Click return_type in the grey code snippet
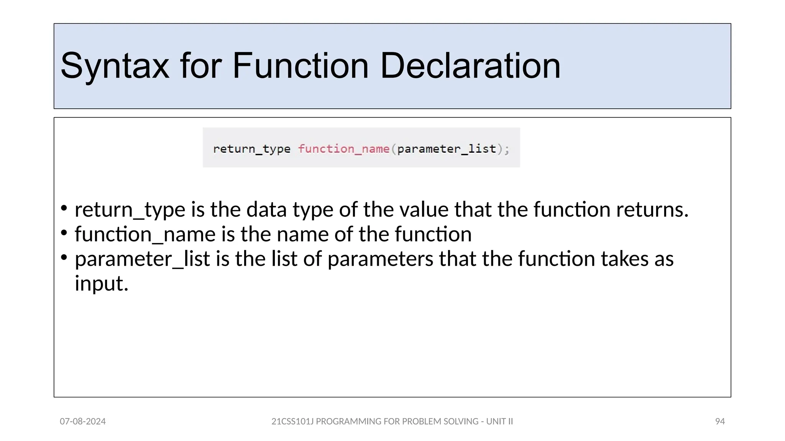[x=252, y=149]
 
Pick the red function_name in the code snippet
[x=344, y=149]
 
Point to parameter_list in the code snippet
[x=447, y=149]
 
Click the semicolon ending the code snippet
[x=507, y=149]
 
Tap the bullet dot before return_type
[x=64, y=208]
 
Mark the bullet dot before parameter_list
[x=64, y=257]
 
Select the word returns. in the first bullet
[x=652, y=210]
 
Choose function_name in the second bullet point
[x=145, y=234]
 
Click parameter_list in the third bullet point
[x=142, y=259]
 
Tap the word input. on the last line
[x=101, y=284]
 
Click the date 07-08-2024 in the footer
[x=83, y=421]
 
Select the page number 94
[x=720, y=421]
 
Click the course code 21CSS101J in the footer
[x=292, y=421]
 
